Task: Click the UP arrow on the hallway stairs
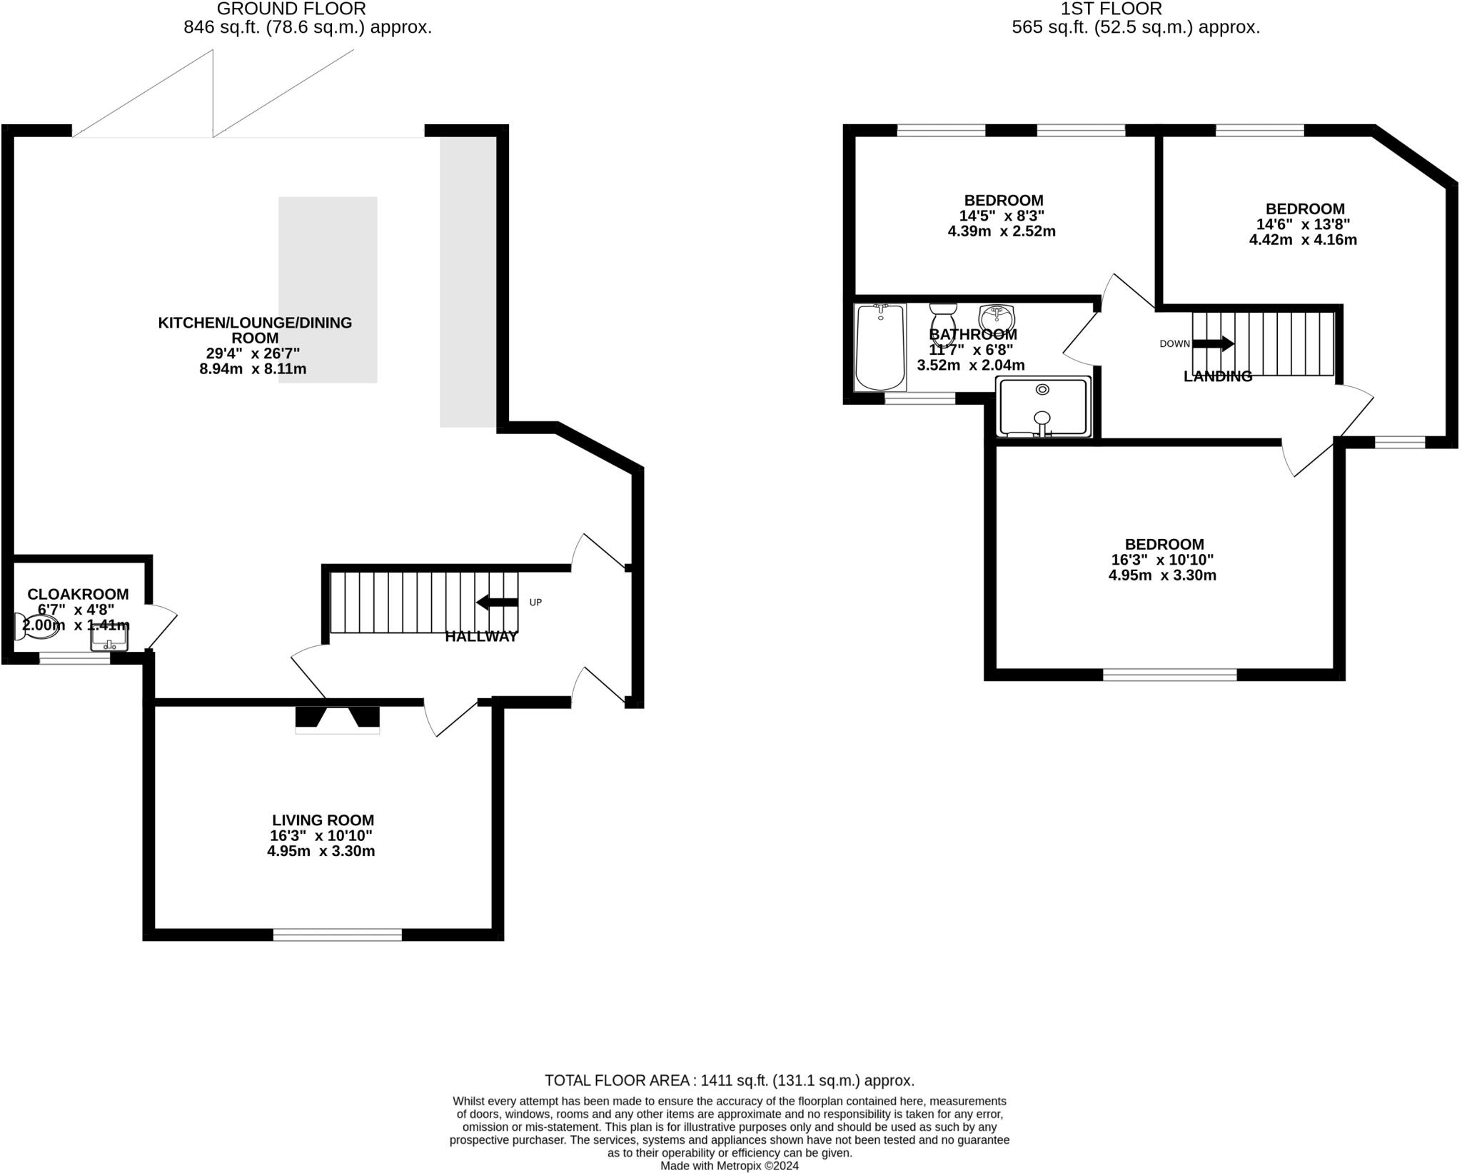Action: tap(497, 603)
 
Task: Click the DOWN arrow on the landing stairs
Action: tap(1214, 343)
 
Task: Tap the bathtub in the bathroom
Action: tap(879, 348)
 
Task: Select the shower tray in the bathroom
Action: tap(1043, 407)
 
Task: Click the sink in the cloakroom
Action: tap(109, 638)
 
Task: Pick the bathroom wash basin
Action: tap(997, 319)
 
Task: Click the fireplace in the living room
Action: tap(338, 718)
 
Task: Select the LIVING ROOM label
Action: tap(323, 820)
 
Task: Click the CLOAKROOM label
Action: tap(78, 594)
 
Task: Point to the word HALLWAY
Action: tap(481, 637)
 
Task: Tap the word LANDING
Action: tap(1218, 376)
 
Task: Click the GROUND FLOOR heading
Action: tap(291, 9)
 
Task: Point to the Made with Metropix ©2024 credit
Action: tap(729, 1166)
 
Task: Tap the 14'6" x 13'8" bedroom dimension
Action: tap(1303, 224)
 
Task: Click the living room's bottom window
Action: tap(338, 934)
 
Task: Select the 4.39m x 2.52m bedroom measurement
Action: tap(1002, 231)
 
